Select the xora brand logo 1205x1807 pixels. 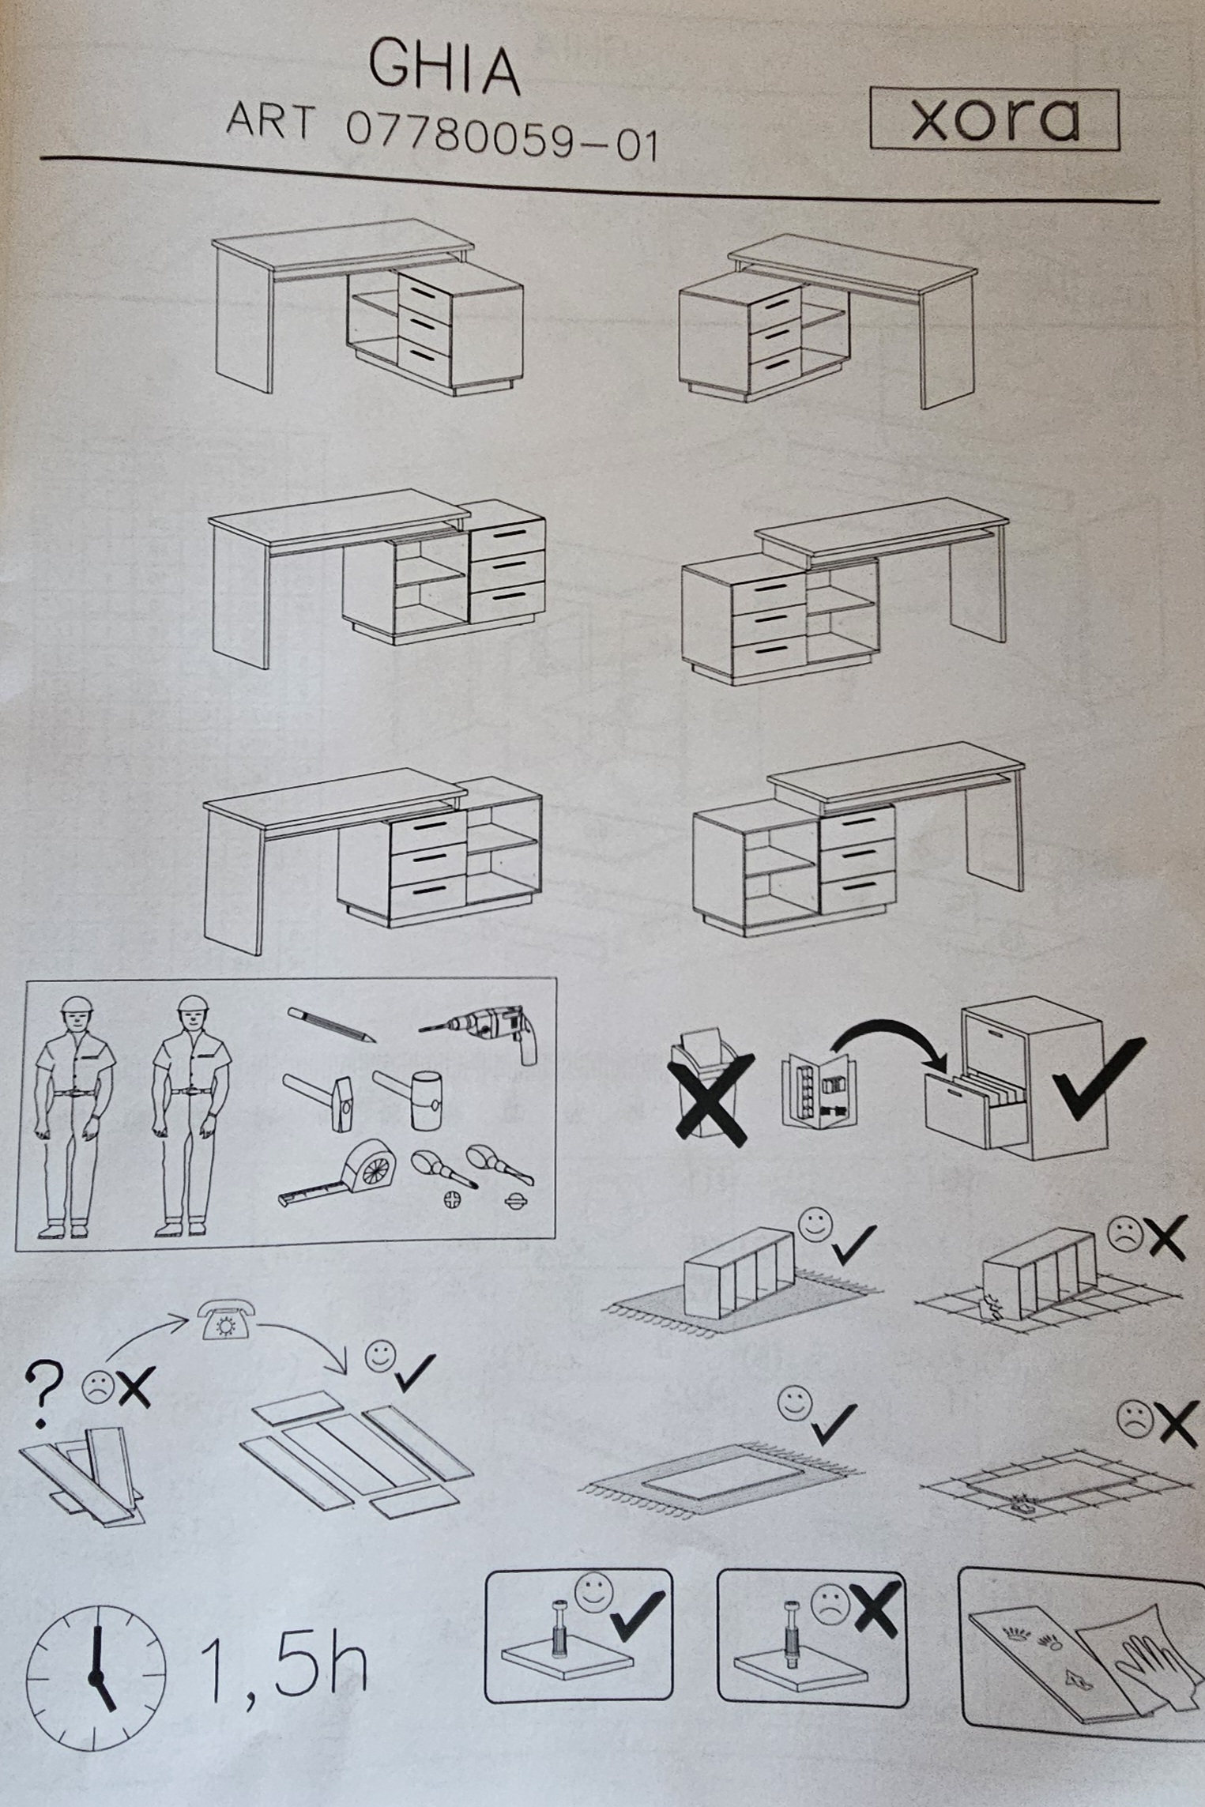click(995, 120)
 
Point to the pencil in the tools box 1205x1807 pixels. click(330, 1025)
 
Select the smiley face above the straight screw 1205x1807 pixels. click(592, 1592)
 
